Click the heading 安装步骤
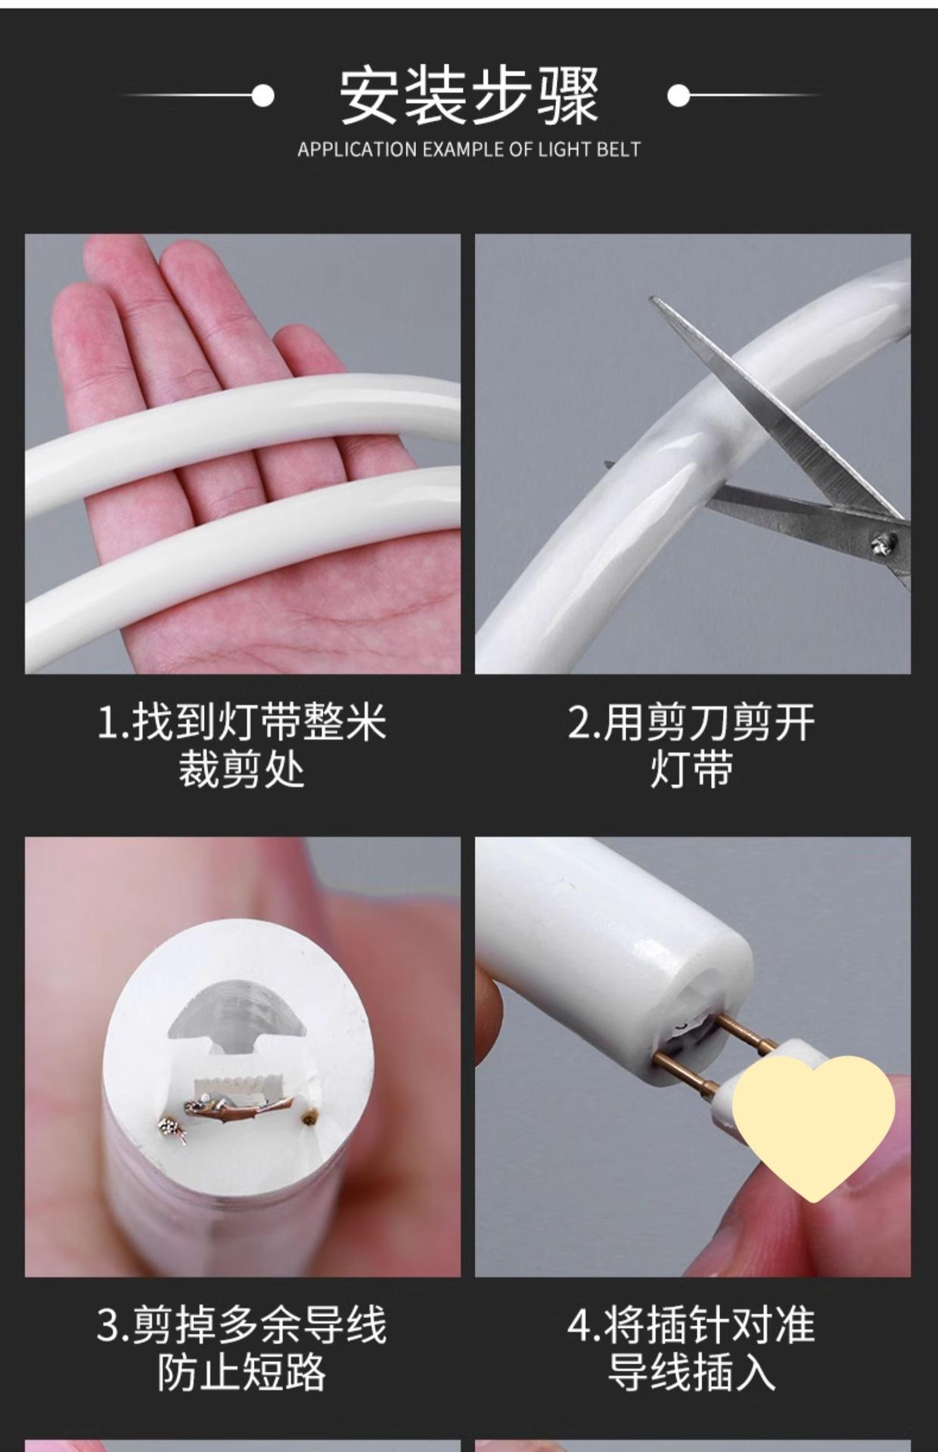point(469,95)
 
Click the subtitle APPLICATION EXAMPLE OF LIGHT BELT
point(469,150)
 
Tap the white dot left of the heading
point(262,95)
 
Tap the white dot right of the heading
point(679,95)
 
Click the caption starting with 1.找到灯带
point(242,746)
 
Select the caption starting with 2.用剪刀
point(691,746)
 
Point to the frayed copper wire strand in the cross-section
point(239,1106)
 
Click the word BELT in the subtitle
point(619,150)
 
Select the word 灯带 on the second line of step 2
point(691,769)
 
